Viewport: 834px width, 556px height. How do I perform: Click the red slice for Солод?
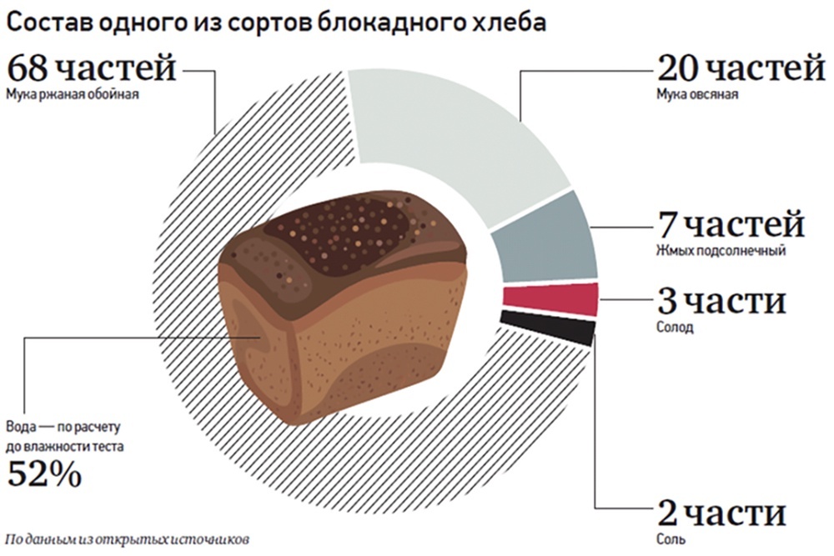(551, 299)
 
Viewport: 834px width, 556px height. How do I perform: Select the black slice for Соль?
(548, 327)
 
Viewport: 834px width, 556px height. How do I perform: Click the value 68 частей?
(91, 68)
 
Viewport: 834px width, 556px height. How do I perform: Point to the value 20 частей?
(741, 68)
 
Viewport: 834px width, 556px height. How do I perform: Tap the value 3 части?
(721, 302)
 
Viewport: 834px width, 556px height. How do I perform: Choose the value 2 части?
(721, 513)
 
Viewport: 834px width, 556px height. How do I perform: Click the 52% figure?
(44, 474)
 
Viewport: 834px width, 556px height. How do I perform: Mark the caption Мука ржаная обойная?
(73, 95)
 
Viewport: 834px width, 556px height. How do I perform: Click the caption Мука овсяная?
(697, 95)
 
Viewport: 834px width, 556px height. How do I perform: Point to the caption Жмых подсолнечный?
(721, 250)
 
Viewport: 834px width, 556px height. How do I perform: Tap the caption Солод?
(675, 327)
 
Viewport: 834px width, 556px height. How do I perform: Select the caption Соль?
(671, 538)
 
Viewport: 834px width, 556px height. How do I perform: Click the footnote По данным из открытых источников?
(128, 539)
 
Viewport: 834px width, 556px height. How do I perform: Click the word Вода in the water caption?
(22, 427)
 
